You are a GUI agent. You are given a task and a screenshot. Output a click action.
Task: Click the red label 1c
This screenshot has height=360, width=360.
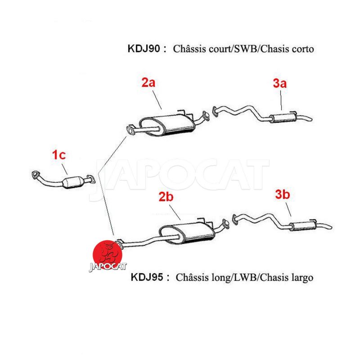pyautogui.click(x=59, y=155)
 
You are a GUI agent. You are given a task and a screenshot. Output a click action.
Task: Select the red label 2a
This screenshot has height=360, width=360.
pyautogui.click(x=148, y=83)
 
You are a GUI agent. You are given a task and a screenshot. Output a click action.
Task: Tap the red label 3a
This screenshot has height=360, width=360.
pyautogui.click(x=279, y=83)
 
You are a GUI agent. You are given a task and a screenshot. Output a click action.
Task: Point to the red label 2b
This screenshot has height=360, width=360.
pyautogui.click(x=166, y=197)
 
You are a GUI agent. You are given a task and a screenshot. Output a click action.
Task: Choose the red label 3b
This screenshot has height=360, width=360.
pyautogui.click(x=283, y=194)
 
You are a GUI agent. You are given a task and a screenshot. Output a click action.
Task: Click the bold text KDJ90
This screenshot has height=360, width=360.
pyautogui.click(x=144, y=49)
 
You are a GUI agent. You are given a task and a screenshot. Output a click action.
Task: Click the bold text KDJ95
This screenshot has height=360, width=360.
pyautogui.click(x=147, y=277)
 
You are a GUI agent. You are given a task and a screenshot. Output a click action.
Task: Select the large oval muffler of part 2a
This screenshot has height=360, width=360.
pyautogui.click(x=167, y=125)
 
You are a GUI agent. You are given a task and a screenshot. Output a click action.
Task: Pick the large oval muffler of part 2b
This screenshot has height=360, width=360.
pyautogui.click(x=187, y=233)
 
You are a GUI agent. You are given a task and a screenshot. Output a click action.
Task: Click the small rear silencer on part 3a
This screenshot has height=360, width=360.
pyautogui.click(x=283, y=117)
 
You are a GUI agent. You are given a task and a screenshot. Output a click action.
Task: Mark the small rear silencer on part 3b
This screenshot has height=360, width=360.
pyautogui.click(x=302, y=226)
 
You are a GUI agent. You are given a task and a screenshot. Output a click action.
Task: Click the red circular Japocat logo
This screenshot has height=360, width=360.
pyautogui.click(x=108, y=255)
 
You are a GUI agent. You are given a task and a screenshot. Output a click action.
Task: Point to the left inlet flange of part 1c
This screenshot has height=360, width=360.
pyautogui.click(x=36, y=175)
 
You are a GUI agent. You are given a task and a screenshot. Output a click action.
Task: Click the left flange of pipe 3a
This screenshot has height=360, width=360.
pyautogui.click(x=215, y=111)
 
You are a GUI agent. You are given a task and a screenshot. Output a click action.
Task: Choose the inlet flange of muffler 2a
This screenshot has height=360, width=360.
pyautogui.click(x=130, y=130)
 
